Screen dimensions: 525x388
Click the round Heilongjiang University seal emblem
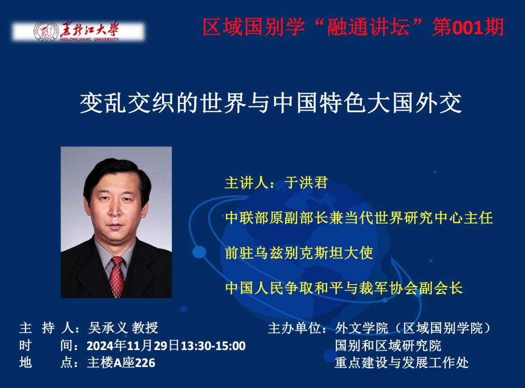[46, 32]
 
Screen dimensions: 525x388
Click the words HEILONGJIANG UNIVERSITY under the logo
[89, 39]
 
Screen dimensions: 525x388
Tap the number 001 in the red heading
[468, 27]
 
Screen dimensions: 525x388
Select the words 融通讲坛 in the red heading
[368, 27]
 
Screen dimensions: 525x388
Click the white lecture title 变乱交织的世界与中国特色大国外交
[271, 103]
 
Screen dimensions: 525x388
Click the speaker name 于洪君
[306, 183]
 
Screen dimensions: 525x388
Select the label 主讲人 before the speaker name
[247, 183]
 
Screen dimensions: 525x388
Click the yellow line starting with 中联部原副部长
[359, 218]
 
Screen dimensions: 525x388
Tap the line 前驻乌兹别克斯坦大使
[299, 253]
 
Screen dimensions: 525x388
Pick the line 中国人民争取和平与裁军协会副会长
[344, 288]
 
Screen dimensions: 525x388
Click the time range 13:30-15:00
[213, 346]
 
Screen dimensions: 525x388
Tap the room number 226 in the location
[145, 363]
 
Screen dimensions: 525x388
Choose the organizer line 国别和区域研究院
[388, 346]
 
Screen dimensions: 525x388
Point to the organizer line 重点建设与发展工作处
[401, 363]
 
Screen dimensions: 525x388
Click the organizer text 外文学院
[361, 328]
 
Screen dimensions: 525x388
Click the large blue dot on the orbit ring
[199, 252]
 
